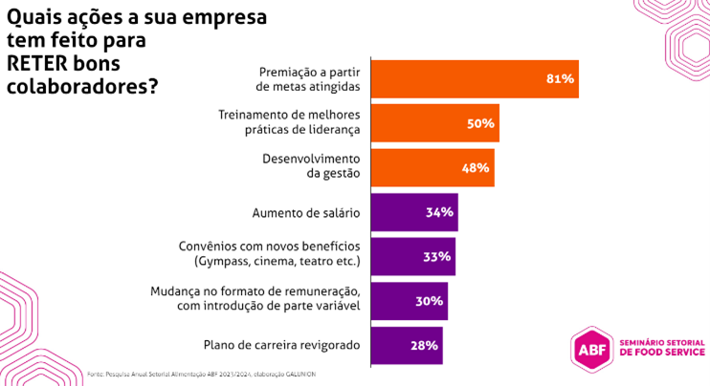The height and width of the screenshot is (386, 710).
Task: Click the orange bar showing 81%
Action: coord(474,78)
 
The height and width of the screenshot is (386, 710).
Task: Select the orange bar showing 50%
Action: coord(434,123)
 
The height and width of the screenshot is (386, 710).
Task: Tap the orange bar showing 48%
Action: coord(432,167)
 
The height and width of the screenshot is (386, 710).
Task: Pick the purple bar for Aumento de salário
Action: coord(413,212)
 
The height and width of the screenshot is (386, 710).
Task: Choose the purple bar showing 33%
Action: coord(412,256)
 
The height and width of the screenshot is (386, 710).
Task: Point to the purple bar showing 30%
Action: coord(409,301)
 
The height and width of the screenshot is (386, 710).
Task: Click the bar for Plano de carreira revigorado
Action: coord(406,345)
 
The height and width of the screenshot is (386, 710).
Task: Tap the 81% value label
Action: coord(560,78)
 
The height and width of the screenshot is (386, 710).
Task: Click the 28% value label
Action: coord(425,345)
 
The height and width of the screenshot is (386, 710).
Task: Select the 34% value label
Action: coord(439,212)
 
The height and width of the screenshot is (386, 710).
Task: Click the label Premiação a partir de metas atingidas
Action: coord(311,78)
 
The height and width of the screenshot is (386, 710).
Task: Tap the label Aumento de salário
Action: coord(305,212)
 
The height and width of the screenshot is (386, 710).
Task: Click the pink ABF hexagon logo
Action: coord(589,348)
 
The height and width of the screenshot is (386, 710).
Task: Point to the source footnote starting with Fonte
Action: coord(201,374)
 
